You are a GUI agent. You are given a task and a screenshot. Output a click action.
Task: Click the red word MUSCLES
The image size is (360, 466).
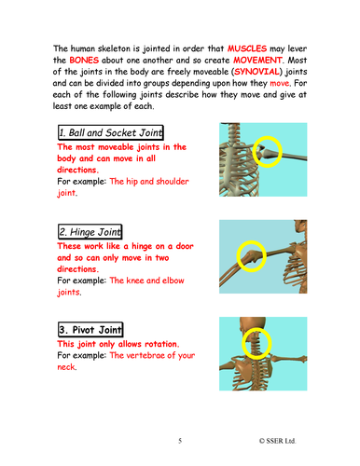click(247, 48)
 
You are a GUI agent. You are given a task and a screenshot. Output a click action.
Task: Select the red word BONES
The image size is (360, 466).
click(84, 60)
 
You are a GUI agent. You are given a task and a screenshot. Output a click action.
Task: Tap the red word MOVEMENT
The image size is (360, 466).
click(257, 60)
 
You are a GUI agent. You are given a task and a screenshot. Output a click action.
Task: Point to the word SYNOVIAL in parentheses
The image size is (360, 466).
click(256, 72)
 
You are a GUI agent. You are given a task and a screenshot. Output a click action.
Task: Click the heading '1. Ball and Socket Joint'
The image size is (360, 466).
click(111, 132)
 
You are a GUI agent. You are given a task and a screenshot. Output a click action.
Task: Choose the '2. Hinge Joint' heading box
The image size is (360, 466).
click(90, 232)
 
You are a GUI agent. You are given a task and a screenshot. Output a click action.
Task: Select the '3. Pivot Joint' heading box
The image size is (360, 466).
click(90, 329)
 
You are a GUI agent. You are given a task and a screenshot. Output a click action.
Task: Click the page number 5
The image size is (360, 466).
click(180, 441)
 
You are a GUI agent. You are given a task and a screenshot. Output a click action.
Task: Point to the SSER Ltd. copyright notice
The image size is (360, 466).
click(277, 441)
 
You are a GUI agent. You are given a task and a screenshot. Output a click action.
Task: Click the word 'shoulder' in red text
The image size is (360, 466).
click(173, 181)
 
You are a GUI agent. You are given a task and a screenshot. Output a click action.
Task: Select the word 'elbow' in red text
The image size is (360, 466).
click(173, 281)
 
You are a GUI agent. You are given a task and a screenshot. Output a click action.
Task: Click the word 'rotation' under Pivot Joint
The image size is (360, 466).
click(161, 344)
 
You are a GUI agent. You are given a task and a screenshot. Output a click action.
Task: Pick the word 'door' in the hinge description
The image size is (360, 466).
click(185, 246)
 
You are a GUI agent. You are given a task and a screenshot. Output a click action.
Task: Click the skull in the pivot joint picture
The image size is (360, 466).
click(253, 325)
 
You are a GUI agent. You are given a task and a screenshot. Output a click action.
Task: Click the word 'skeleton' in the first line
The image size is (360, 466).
click(114, 48)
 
